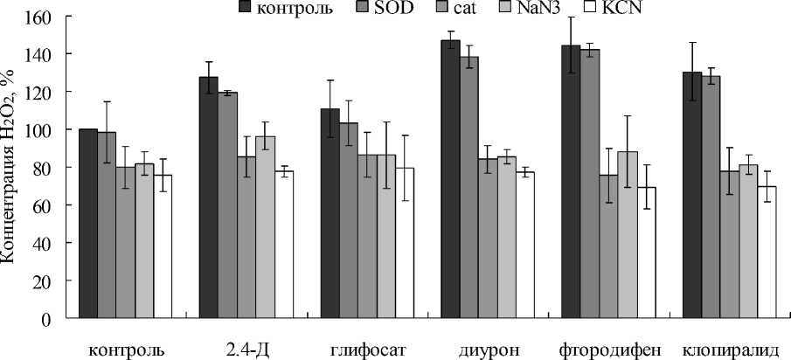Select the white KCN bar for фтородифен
[x=648, y=253]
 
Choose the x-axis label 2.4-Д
[x=246, y=350]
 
